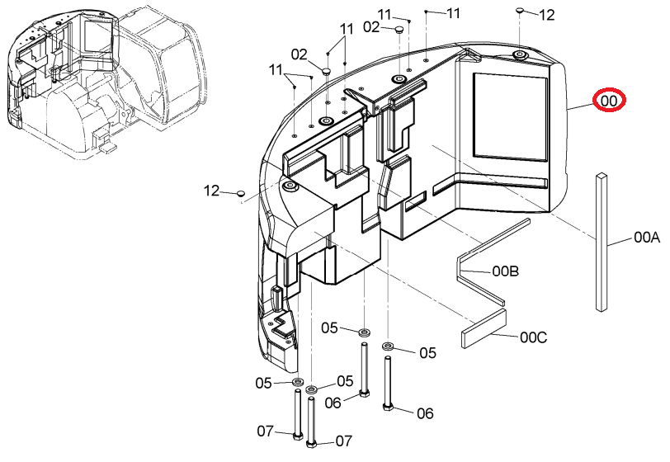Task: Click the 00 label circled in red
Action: pos(609,101)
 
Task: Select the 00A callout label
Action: pos(647,238)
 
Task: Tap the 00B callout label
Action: pos(506,271)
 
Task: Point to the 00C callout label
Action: pos(533,337)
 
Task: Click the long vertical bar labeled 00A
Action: pos(602,242)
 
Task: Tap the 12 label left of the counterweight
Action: pos(211,191)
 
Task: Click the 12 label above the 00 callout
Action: pos(546,15)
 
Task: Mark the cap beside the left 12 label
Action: pos(241,193)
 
